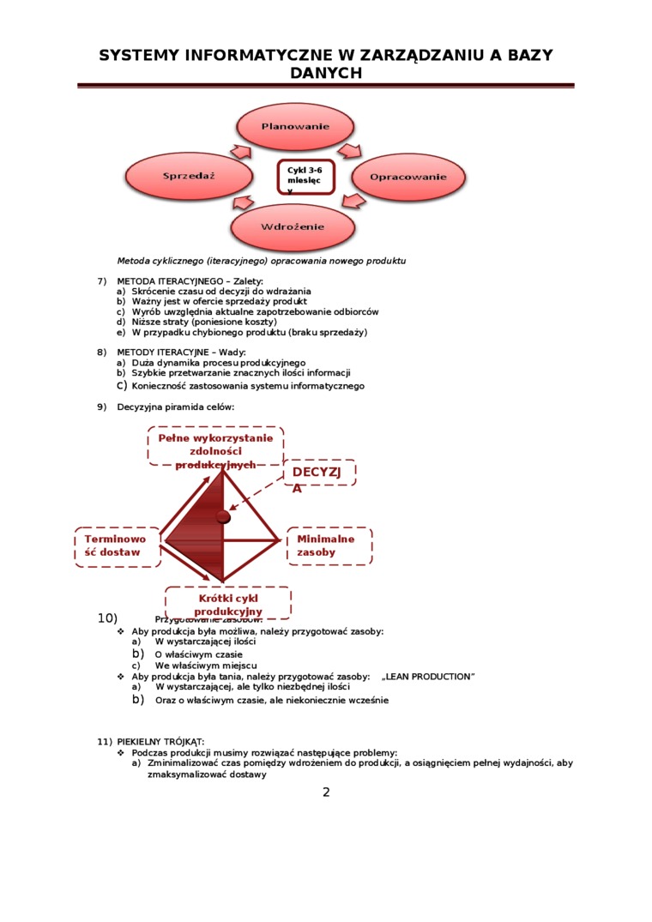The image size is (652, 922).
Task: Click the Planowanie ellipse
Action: point(295,127)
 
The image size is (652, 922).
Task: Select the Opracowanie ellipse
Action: point(407,177)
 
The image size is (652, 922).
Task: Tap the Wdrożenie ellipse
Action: point(293,227)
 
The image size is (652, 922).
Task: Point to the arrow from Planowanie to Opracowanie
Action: point(350,151)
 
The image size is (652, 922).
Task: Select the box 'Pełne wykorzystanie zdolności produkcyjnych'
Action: point(215,446)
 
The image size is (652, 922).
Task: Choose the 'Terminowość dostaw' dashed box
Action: point(117,546)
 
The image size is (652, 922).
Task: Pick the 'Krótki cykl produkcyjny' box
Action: point(227,603)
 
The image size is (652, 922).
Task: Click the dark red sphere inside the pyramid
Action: point(224,516)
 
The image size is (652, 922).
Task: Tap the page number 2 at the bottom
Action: point(326,792)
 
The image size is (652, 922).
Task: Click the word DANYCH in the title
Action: point(326,74)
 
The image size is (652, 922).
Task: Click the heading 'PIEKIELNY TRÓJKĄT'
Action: point(160,741)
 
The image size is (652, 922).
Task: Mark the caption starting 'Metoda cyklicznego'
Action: point(261,261)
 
